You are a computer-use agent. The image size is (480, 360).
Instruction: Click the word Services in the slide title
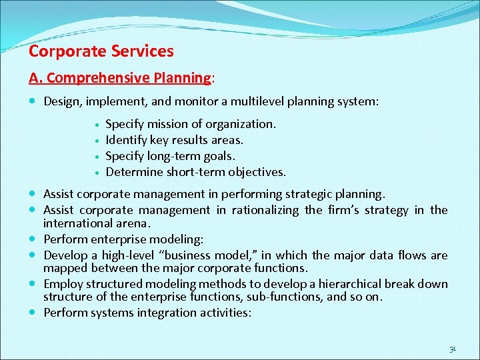[141, 51]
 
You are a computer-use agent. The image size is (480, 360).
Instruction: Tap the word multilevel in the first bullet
[262, 102]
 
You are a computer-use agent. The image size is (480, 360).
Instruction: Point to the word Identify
[127, 140]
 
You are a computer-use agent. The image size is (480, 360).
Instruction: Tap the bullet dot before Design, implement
[33, 102]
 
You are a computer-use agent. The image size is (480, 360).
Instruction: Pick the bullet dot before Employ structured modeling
[33, 284]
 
